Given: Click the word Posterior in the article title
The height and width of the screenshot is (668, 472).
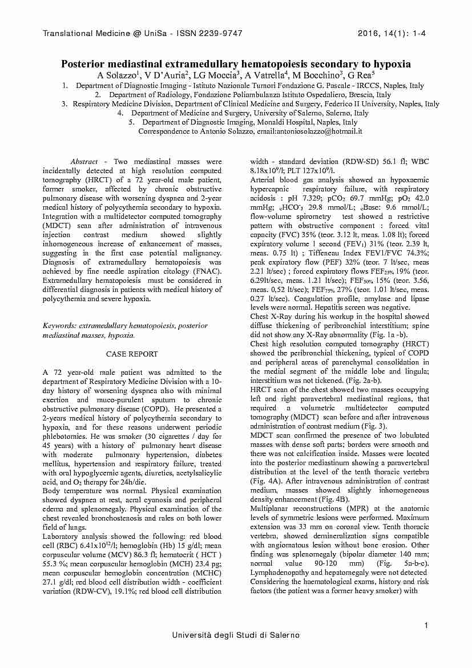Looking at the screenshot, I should [x=84, y=64].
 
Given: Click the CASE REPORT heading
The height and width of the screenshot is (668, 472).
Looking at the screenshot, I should [x=132, y=354].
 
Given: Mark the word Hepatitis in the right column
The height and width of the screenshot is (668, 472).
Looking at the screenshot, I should [x=324, y=307].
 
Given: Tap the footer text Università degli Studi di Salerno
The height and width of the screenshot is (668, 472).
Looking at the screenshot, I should [x=236, y=635].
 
